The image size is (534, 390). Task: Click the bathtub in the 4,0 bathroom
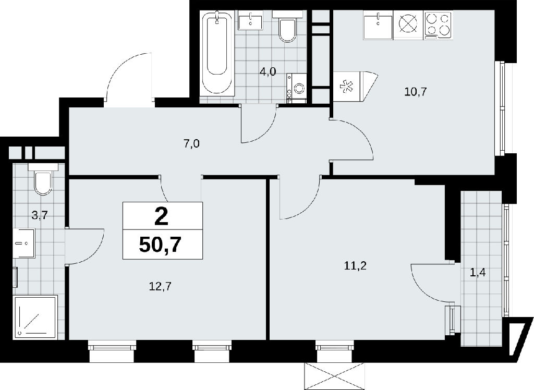point(217,53)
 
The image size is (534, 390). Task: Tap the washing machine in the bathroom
point(297,88)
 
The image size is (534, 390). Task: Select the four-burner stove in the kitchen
point(438,25)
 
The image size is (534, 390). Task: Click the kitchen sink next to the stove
point(378,25)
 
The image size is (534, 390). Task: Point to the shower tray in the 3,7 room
point(34,317)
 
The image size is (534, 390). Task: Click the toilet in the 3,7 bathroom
point(43,179)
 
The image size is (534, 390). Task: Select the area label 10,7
point(416,92)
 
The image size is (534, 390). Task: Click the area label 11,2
point(355,266)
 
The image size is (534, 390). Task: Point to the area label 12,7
point(160,286)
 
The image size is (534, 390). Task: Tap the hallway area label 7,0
point(191,144)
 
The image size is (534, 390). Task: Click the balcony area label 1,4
point(478,273)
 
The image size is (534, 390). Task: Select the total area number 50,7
point(160,244)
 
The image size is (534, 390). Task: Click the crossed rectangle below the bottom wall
point(335,376)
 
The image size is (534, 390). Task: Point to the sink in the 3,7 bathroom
point(24,243)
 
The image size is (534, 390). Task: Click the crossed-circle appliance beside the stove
point(408,25)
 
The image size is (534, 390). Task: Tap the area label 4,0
point(268,71)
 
